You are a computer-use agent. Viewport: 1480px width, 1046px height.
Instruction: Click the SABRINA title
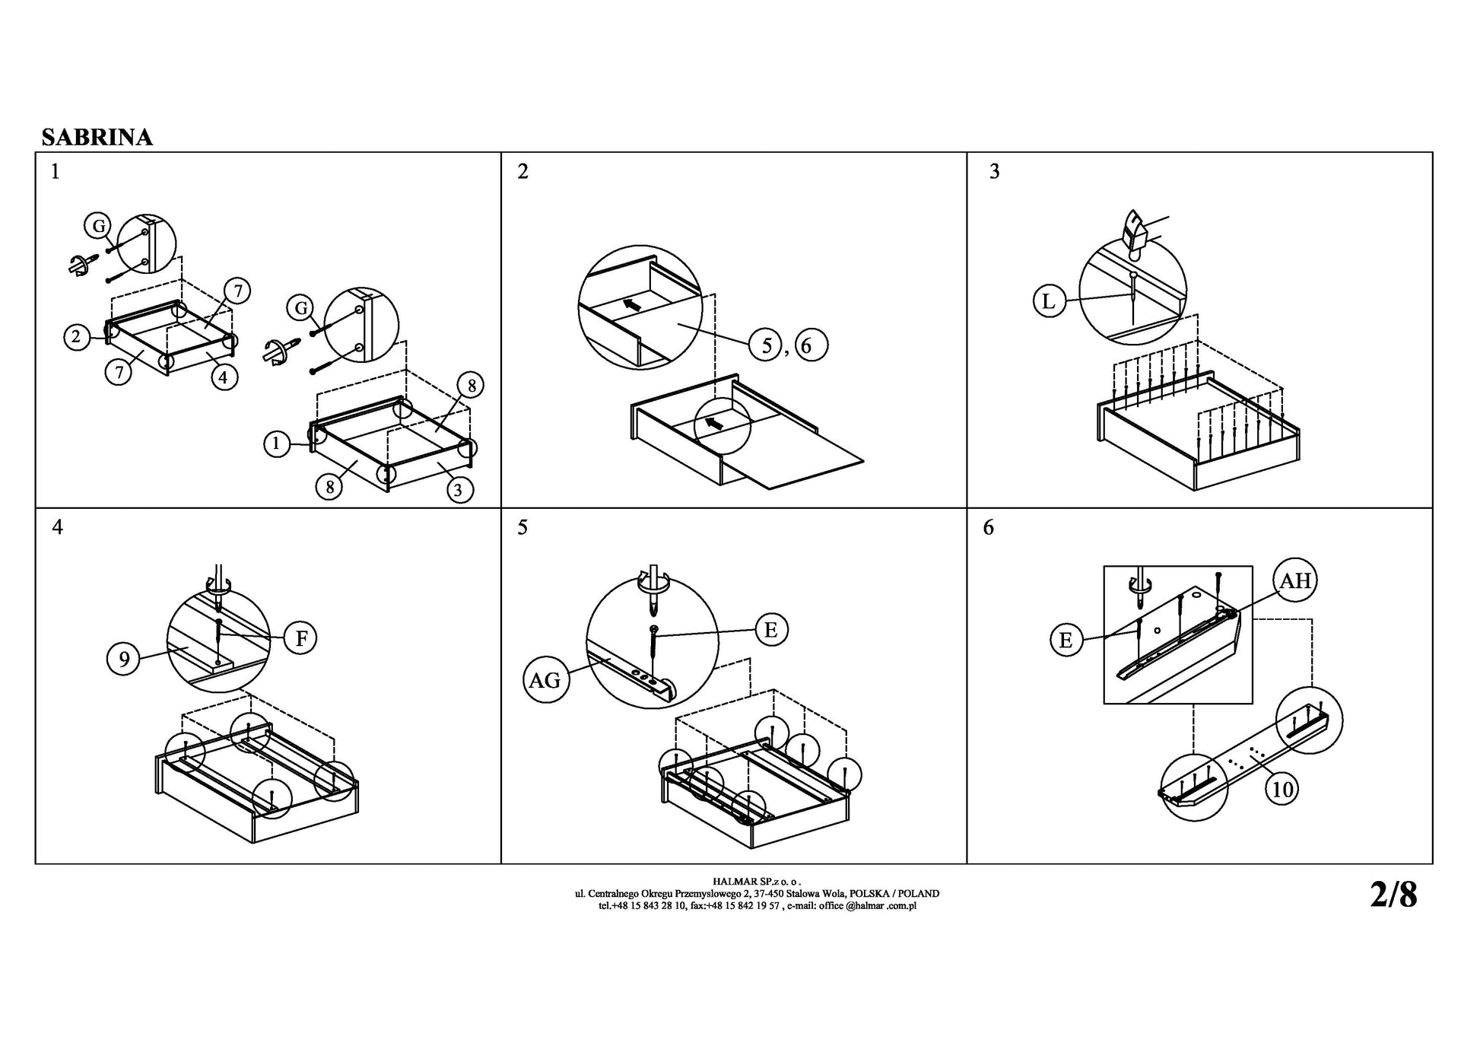pyautogui.click(x=97, y=137)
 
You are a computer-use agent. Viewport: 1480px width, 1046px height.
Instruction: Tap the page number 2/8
pyautogui.click(x=1393, y=895)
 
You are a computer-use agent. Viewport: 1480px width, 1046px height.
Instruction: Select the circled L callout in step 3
pyautogui.click(x=1049, y=302)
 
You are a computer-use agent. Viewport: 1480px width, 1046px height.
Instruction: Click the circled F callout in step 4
pyautogui.click(x=300, y=638)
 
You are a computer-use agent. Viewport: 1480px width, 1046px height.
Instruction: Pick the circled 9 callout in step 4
pyautogui.click(x=124, y=659)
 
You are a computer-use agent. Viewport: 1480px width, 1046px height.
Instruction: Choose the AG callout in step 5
pyautogui.click(x=545, y=679)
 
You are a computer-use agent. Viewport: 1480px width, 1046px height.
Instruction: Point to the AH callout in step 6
pyautogui.click(x=1295, y=581)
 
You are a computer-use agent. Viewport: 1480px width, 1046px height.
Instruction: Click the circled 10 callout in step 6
pyautogui.click(x=1282, y=790)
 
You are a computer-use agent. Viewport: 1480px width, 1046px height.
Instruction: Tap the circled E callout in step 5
pyautogui.click(x=771, y=630)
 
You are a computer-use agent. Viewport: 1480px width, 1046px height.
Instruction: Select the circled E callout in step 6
pyautogui.click(x=1066, y=641)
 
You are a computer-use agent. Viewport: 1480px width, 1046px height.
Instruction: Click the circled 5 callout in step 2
pyautogui.click(x=767, y=345)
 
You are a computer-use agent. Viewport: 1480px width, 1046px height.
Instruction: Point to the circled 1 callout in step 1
pyautogui.click(x=277, y=444)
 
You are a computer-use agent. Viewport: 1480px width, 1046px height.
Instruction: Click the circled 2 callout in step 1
pyautogui.click(x=77, y=337)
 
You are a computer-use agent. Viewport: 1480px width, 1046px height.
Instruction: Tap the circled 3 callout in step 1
pyautogui.click(x=457, y=490)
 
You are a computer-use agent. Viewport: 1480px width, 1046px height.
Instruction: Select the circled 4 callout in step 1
pyautogui.click(x=224, y=377)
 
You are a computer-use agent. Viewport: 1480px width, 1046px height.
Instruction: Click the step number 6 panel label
pyautogui.click(x=988, y=527)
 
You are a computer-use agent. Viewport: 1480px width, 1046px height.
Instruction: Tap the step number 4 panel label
pyautogui.click(x=57, y=527)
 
